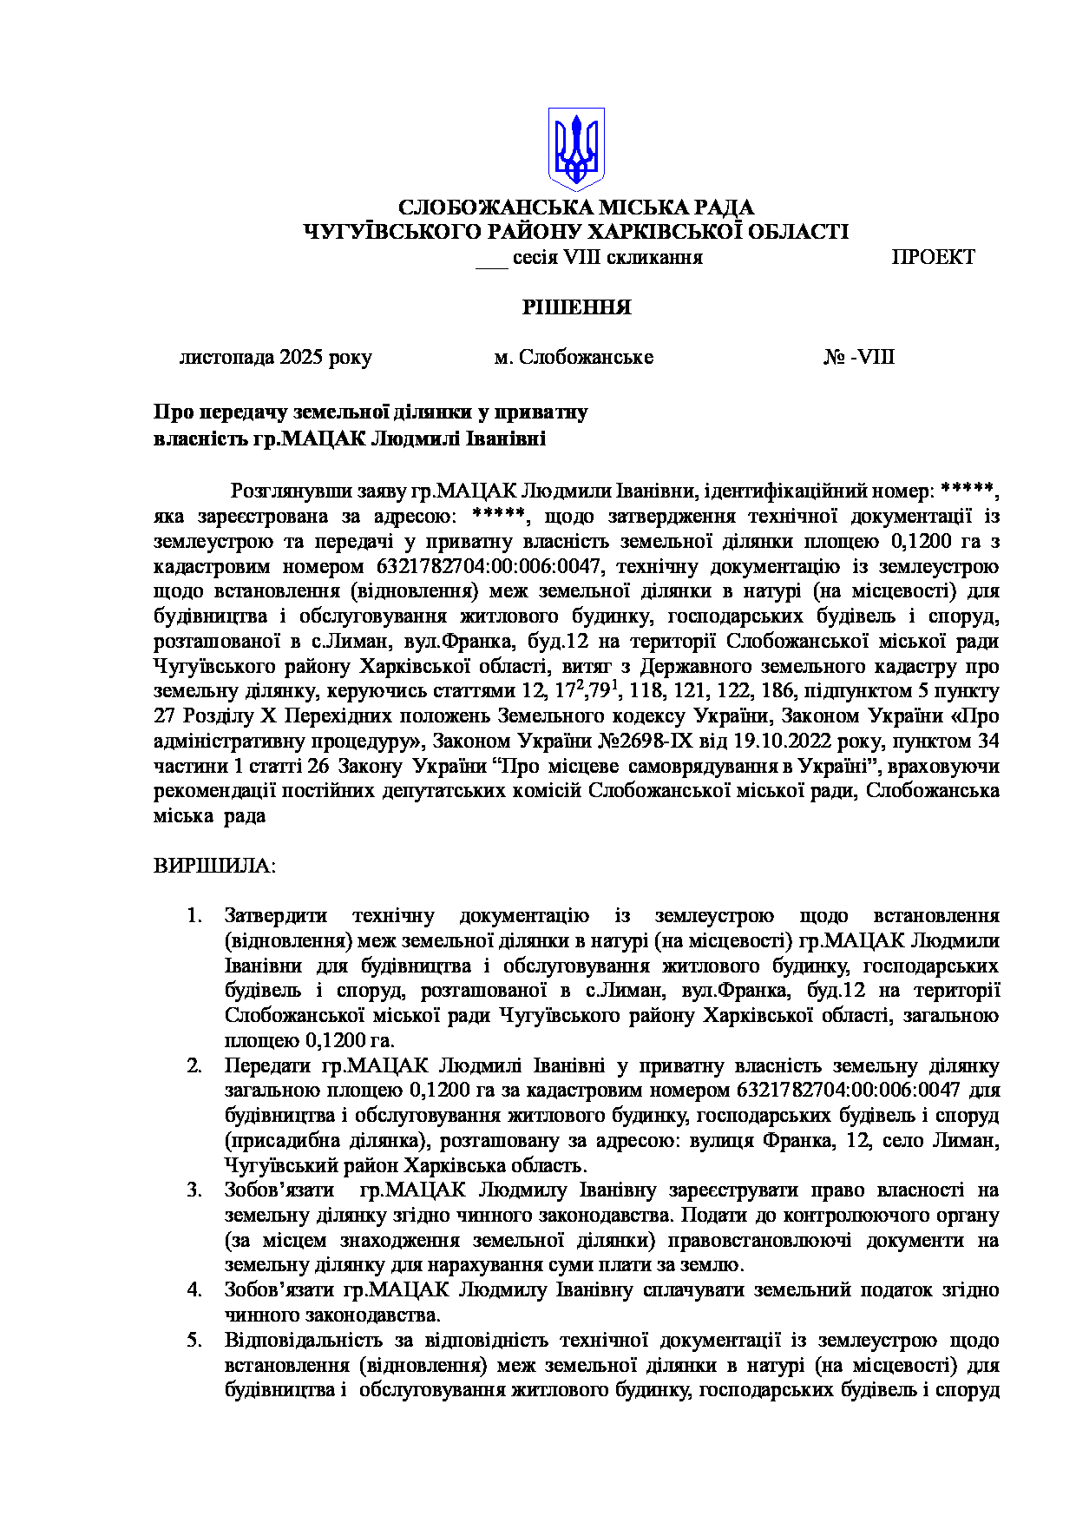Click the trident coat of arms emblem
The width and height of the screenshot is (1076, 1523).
[575, 148]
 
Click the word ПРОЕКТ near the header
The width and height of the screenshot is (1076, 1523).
[933, 257]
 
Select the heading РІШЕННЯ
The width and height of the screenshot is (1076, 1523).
[575, 307]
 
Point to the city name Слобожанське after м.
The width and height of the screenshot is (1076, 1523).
[586, 358]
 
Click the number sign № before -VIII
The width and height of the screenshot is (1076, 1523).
[835, 358]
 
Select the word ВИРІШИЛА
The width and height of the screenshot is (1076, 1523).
[214, 866]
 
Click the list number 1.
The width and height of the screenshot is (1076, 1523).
[194, 915]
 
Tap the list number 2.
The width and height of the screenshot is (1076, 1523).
[194, 1065]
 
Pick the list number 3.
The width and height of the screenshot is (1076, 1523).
[194, 1190]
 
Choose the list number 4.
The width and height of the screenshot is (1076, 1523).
[194, 1290]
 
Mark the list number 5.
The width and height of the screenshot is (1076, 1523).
[194, 1341]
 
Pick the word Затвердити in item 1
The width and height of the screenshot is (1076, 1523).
[276, 915]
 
